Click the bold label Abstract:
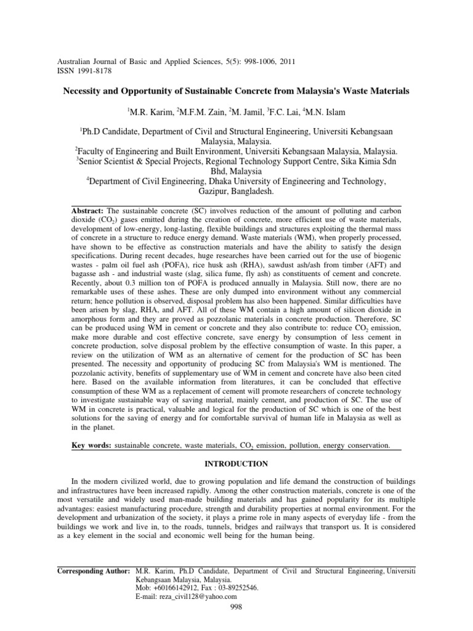point(89,211)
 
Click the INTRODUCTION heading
point(236,463)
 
